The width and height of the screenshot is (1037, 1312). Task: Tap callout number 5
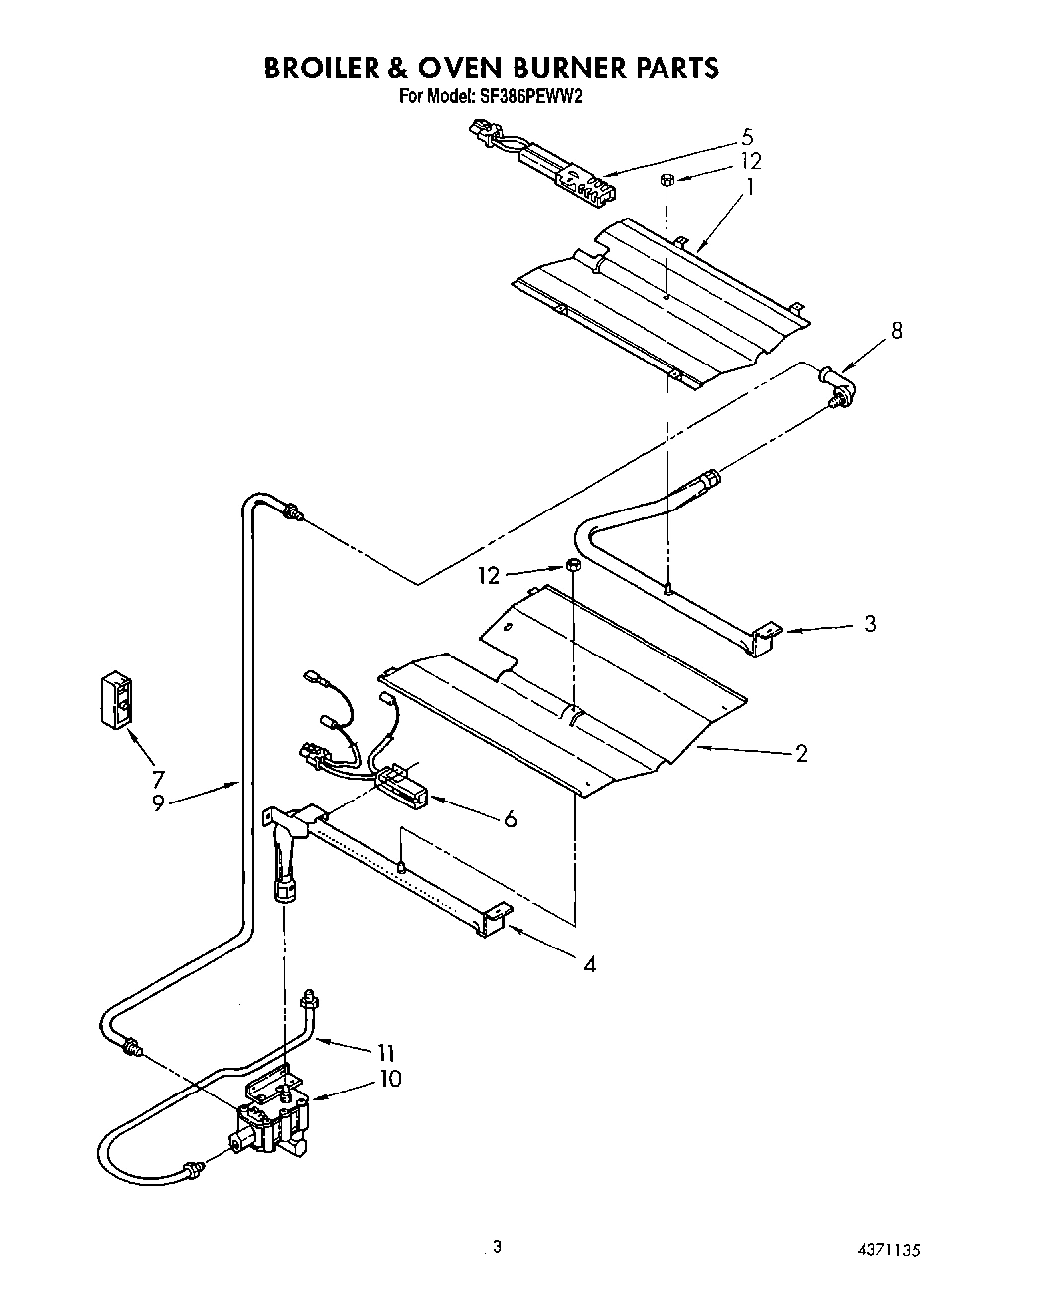click(747, 137)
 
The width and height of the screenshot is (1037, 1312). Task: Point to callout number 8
click(897, 331)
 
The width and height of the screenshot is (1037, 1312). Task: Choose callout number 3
click(870, 624)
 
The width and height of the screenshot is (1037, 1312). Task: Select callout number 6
click(510, 818)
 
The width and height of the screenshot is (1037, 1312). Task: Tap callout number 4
click(589, 963)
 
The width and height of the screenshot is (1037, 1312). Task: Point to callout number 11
click(387, 1053)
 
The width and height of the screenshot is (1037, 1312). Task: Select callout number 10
click(390, 1078)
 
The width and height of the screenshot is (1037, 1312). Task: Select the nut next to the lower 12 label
click(573, 566)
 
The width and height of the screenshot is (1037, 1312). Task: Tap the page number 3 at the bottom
click(497, 1248)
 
